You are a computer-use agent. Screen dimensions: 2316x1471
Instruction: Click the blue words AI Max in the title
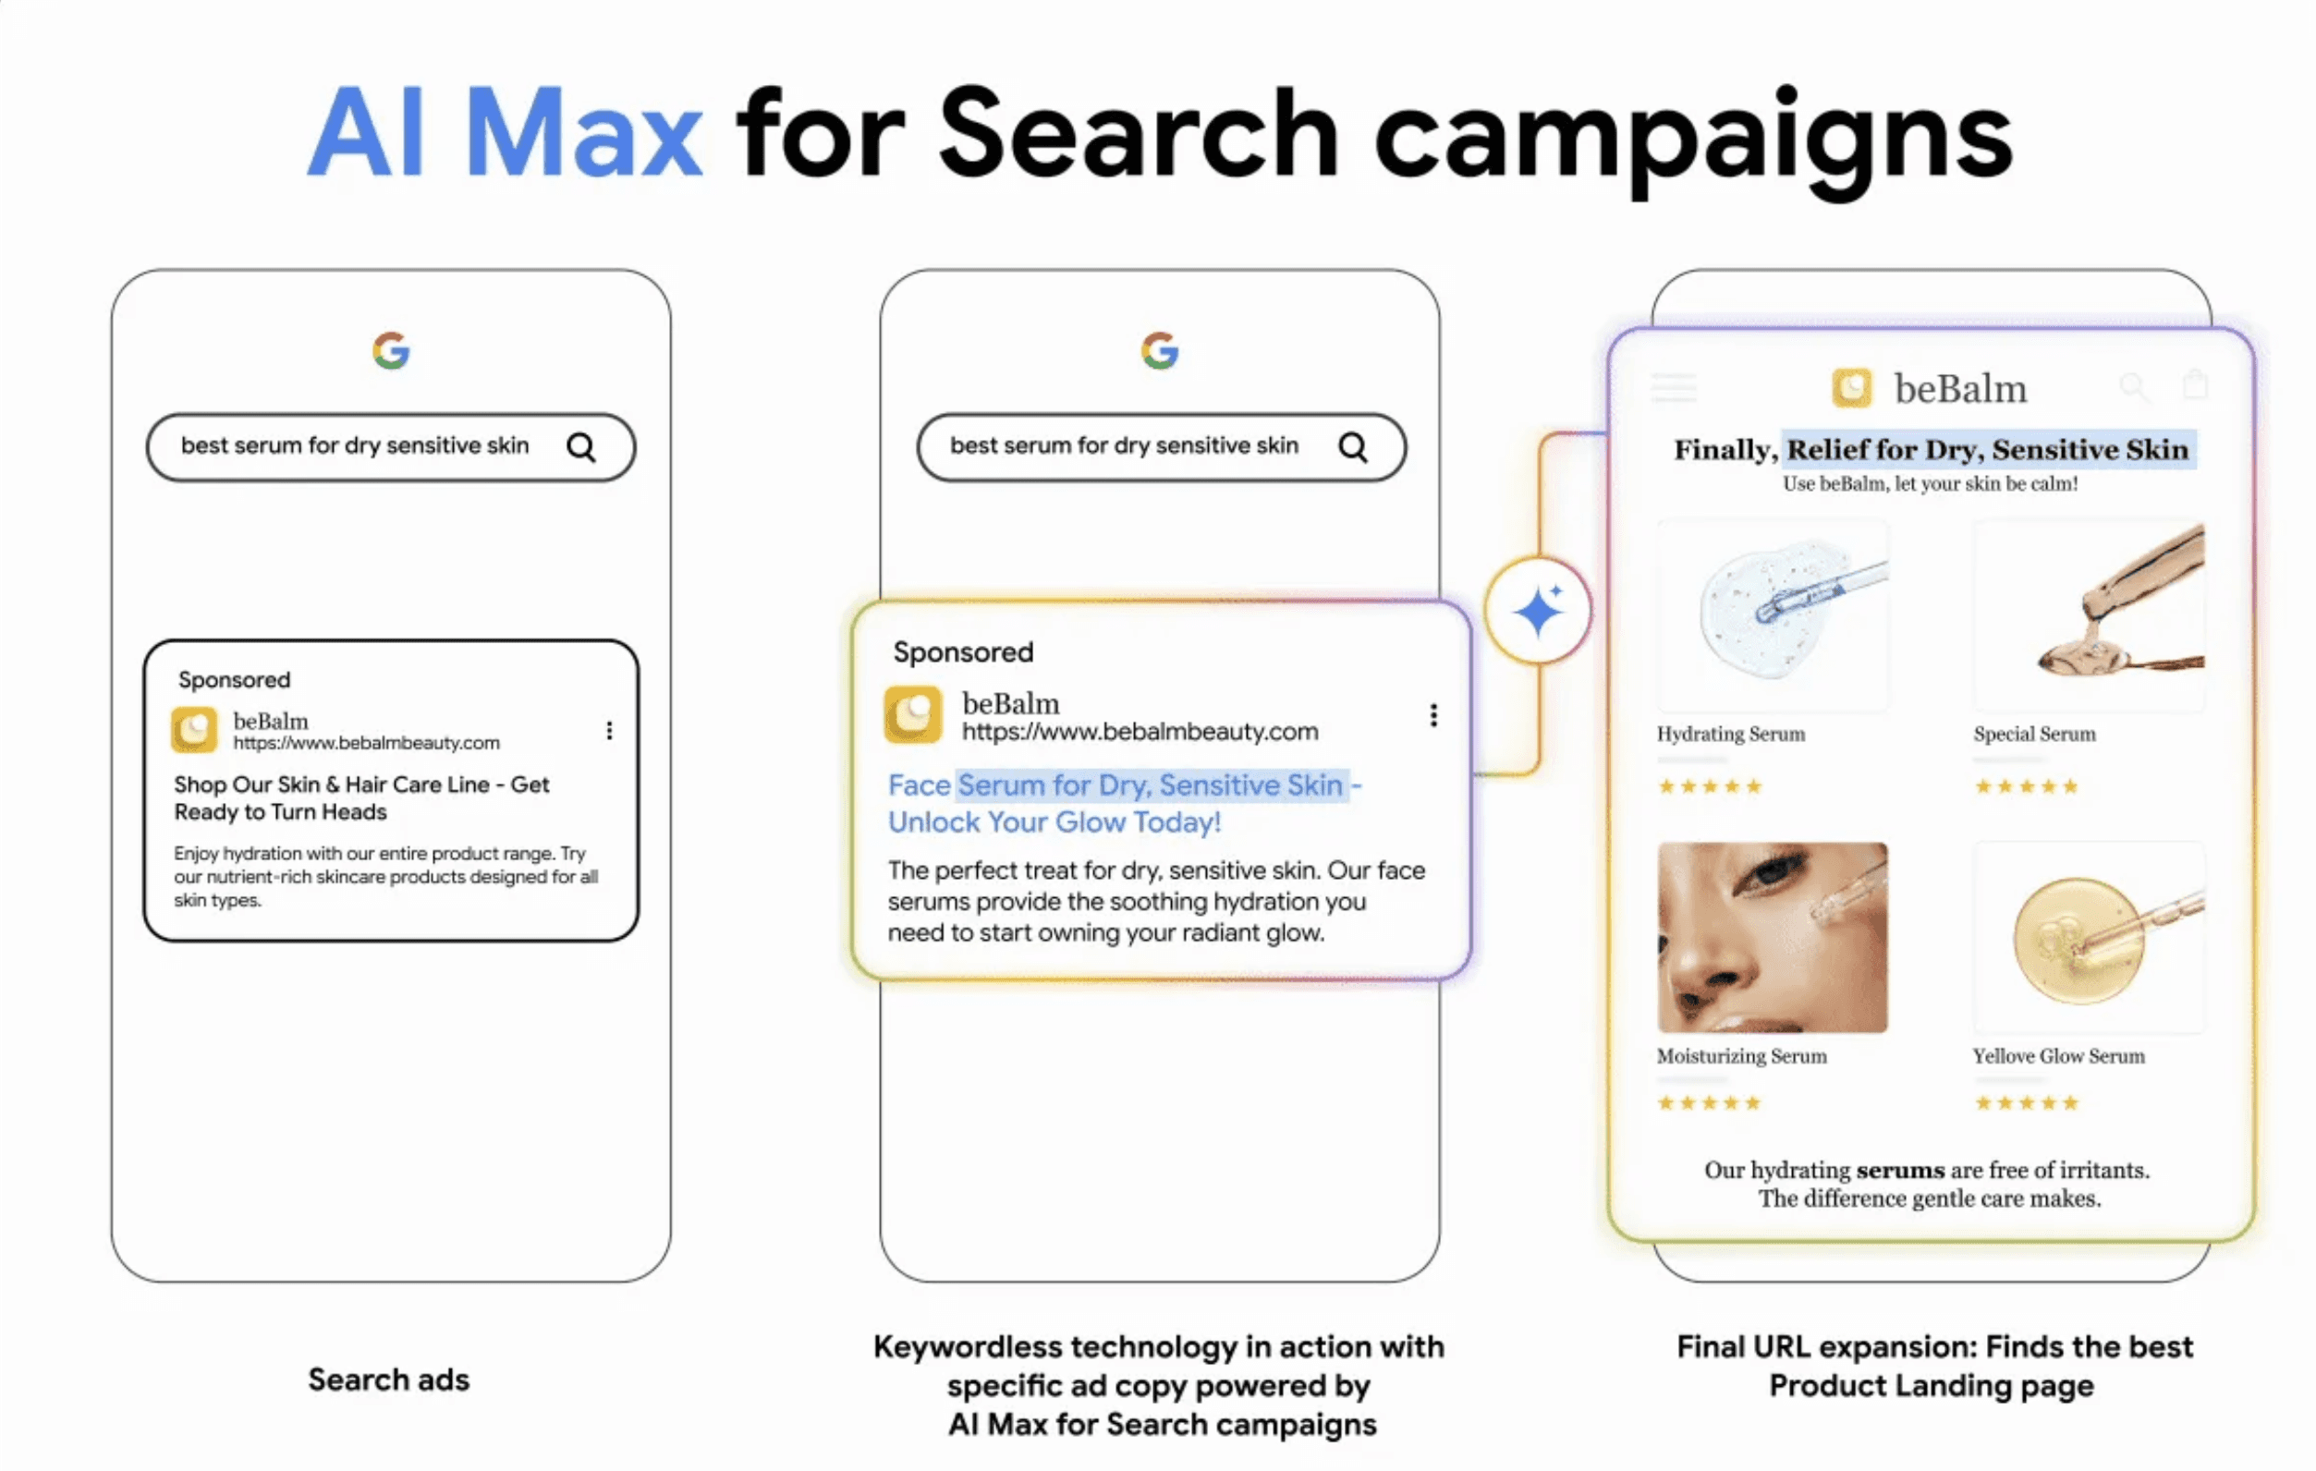click(504, 135)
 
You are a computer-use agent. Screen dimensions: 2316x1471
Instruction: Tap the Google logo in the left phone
click(392, 351)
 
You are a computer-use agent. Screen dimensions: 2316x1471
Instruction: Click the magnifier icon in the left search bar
click(581, 447)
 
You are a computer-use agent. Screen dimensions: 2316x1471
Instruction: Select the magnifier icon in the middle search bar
click(1352, 447)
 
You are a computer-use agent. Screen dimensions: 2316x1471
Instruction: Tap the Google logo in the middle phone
click(1160, 351)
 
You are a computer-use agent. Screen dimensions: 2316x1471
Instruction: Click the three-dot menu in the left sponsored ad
click(609, 731)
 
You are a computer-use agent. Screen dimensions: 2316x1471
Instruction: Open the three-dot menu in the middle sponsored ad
click(1433, 715)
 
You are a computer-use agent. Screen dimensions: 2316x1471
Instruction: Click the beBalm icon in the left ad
click(194, 730)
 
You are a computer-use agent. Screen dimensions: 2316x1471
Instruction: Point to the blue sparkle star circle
click(1537, 611)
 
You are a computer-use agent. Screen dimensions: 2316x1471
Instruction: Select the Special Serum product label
click(2034, 735)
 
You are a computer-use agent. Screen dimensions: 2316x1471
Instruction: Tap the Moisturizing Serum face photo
click(1772, 938)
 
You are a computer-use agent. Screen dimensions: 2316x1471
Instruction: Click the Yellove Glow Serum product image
click(2087, 938)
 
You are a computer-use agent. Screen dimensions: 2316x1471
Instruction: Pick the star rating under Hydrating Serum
click(1709, 786)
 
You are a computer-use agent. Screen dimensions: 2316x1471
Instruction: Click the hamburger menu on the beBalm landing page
click(1674, 387)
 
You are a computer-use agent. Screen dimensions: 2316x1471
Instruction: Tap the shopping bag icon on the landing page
click(2195, 384)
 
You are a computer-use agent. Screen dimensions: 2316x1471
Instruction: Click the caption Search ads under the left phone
click(388, 1380)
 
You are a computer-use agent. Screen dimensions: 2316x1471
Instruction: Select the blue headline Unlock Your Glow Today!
click(1054, 823)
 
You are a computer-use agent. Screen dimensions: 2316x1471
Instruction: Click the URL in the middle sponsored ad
click(1140, 733)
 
